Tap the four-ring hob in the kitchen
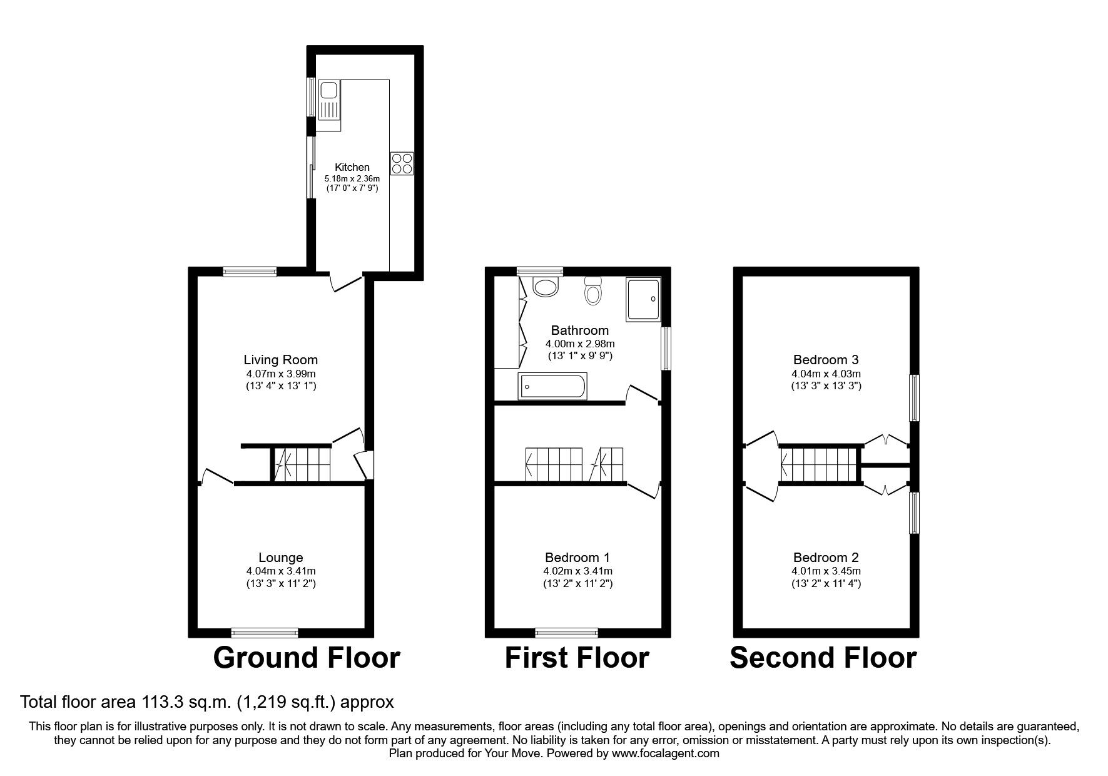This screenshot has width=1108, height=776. coord(402,163)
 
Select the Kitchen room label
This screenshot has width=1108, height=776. coord(352,167)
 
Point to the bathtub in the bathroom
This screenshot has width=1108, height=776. coord(552,386)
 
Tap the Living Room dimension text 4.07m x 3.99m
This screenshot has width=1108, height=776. coord(280,374)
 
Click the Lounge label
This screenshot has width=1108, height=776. coord(281,557)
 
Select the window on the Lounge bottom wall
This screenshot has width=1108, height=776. coord(265,632)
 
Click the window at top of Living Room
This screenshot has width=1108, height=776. coord(250,271)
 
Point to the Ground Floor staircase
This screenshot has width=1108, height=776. coord(301,465)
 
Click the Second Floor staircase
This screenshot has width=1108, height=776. coord(818,465)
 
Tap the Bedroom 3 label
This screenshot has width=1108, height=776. coord(826,359)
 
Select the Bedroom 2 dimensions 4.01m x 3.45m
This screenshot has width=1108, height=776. coord(826,571)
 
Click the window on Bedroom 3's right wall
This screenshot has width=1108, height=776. coord(914,397)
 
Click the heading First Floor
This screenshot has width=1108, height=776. coord(576,658)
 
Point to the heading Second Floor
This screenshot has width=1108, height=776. coord(823,658)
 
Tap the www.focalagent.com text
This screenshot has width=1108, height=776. coord(665,753)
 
